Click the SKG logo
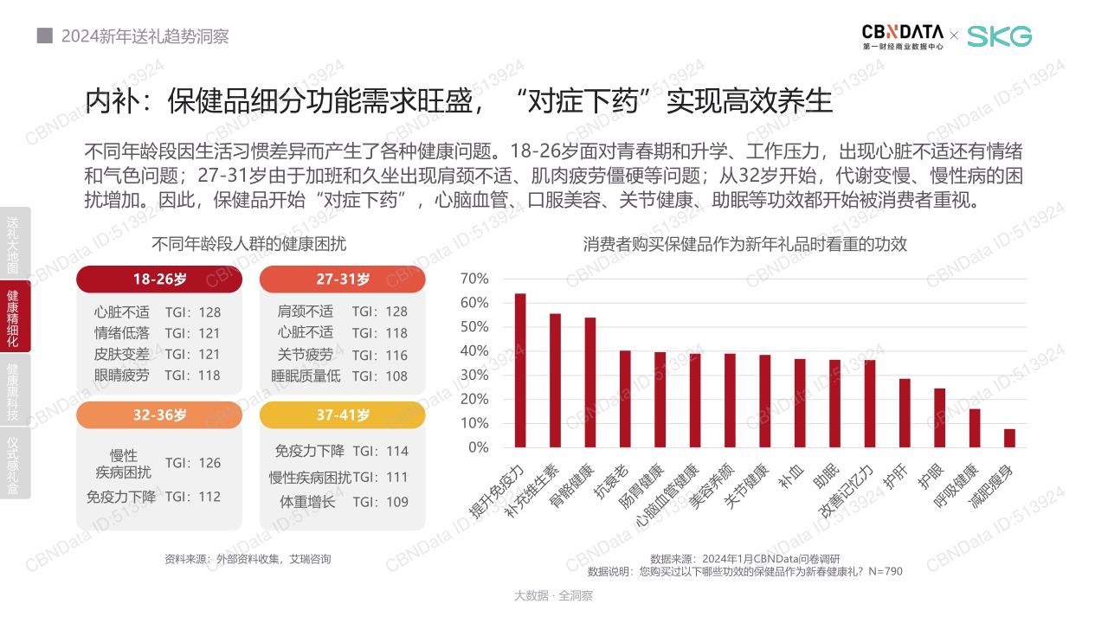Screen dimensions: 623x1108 pos(999,36)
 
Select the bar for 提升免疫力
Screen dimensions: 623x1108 pos(520,370)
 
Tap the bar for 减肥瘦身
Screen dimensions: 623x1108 pos(1009,438)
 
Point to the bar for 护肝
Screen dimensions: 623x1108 pos(905,413)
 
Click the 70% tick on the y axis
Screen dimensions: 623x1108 pos(474,279)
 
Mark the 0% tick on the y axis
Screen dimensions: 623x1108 pos(478,447)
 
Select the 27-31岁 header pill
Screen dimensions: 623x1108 pos(343,279)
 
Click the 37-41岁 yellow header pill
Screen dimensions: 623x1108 pos(343,415)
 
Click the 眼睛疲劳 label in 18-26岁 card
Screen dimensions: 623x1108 pos(121,376)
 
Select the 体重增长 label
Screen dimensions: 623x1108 pos(307,502)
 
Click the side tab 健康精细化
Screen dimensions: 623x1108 pos(13,317)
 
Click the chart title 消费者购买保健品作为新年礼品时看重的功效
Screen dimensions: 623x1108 pos(744,244)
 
